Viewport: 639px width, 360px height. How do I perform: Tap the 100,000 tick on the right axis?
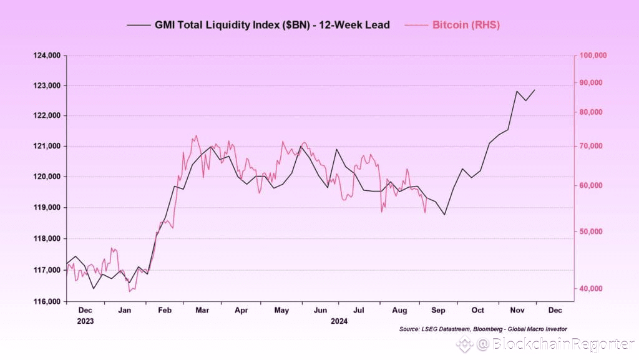pos(593,56)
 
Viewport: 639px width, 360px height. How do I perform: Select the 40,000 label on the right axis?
pos(591,288)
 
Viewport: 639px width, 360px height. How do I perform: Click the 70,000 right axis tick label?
pos(591,146)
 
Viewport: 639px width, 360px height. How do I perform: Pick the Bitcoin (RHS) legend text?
pos(466,25)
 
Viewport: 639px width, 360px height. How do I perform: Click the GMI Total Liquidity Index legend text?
pos(272,25)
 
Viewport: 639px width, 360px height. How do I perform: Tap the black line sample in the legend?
pos(139,26)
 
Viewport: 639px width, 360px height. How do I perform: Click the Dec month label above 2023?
pos(85,310)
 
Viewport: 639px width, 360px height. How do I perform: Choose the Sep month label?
pos(438,310)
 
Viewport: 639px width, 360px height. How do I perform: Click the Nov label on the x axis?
pos(517,310)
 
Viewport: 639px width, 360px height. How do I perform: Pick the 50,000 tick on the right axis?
pos(591,231)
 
